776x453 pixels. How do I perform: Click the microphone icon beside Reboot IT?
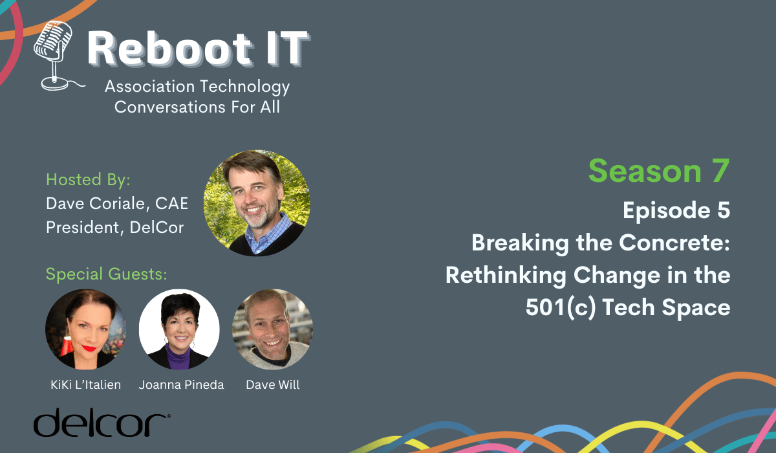(x=56, y=56)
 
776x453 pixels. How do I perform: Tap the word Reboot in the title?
(x=169, y=49)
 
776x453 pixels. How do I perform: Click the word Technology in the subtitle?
(x=245, y=87)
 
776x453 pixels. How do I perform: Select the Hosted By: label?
(x=88, y=179)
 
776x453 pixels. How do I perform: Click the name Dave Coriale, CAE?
(x=117, y=203)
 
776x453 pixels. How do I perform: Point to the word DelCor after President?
(x=156, y=227)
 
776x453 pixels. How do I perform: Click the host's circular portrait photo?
(x=257, y=203)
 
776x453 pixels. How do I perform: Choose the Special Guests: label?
(x=106, y=274)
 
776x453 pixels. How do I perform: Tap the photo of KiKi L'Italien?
(x=85, y=329)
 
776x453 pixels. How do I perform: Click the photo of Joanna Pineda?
(x=179, y=329)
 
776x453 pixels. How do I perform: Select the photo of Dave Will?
(x=273, y=329)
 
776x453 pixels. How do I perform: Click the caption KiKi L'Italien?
(x=85, y=384)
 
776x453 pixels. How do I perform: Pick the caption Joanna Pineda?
(x=181, y=384)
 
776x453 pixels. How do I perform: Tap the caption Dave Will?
(x=273, y=384)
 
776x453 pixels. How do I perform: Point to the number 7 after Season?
(x=721, y=171)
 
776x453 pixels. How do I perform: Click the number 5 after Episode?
(x=724, y=210)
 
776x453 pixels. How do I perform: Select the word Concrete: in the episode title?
(x=674, y=242)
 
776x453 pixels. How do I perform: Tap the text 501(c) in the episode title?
(x=561, y=307)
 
